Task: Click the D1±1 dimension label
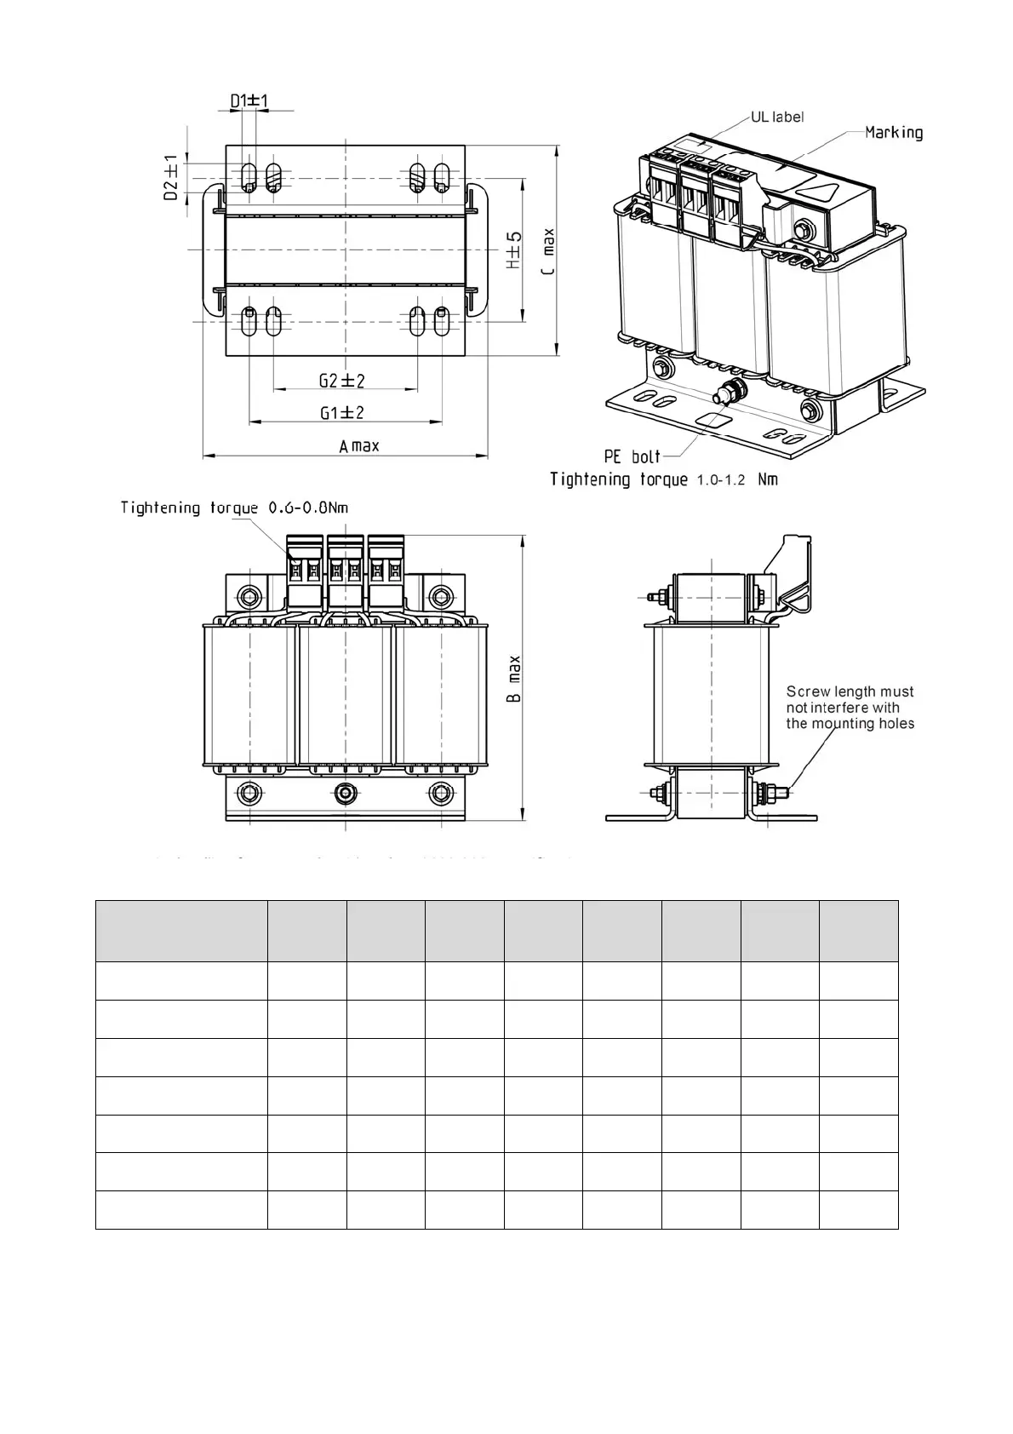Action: [249, 101]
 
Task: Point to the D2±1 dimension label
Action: [171, 178]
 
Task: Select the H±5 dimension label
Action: [514, 251]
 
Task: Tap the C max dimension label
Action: [548, 250]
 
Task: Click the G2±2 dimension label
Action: [342, 381]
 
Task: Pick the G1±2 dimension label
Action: [342, 413]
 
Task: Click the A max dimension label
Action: [359, 446]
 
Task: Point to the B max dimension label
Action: [514, 679]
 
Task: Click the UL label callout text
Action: [776, 117]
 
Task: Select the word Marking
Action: [894, 132]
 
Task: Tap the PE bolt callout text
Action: [632, 456]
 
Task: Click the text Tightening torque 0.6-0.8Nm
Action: [234, 508]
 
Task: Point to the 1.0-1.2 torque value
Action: [721, 480]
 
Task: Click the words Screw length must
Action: [850, 691]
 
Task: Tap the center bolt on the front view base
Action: [344, 794]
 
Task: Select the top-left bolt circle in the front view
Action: [248, 594]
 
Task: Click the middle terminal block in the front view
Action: [345, 569]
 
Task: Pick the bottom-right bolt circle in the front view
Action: [438, 794]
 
